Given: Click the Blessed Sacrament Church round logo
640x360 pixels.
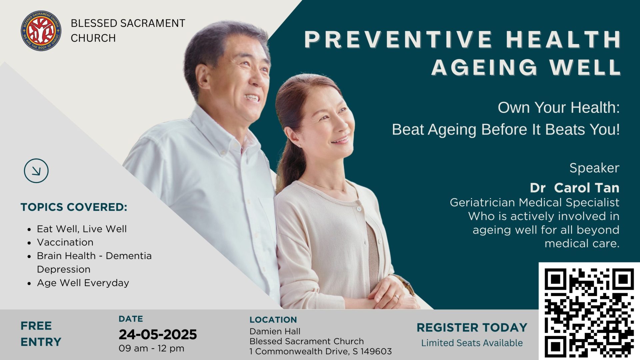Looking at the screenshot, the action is (x=41, y=31).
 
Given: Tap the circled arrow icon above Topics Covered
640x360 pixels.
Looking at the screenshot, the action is (x=36, y=171).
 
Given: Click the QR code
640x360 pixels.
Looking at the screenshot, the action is (x=589, y=311).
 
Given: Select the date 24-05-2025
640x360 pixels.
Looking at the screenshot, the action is (x=158, y=334).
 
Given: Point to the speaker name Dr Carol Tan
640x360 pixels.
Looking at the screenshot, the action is (x=575, y=188).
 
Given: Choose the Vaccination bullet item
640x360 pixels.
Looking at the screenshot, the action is (x=65, y=242).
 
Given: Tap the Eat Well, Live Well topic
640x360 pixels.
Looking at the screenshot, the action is (x=82, y=229).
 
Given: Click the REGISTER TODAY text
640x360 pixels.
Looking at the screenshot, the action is (x=472, y=328).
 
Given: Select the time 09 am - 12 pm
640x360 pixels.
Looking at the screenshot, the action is (x=151, y=348).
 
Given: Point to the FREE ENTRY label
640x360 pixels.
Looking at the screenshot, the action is (x=41, y=334).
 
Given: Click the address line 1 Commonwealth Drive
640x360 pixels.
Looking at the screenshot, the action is (x=321, y=351).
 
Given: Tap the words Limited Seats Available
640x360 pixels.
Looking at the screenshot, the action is (x=472, y=343).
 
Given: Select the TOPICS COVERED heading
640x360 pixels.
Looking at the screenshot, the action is (x=74, y=207).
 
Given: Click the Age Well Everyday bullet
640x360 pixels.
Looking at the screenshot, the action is (x=83, y=283).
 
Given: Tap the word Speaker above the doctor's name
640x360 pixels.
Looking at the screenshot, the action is (x=594, y=168).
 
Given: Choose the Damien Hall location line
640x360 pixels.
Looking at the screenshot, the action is (x=275, y=331).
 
